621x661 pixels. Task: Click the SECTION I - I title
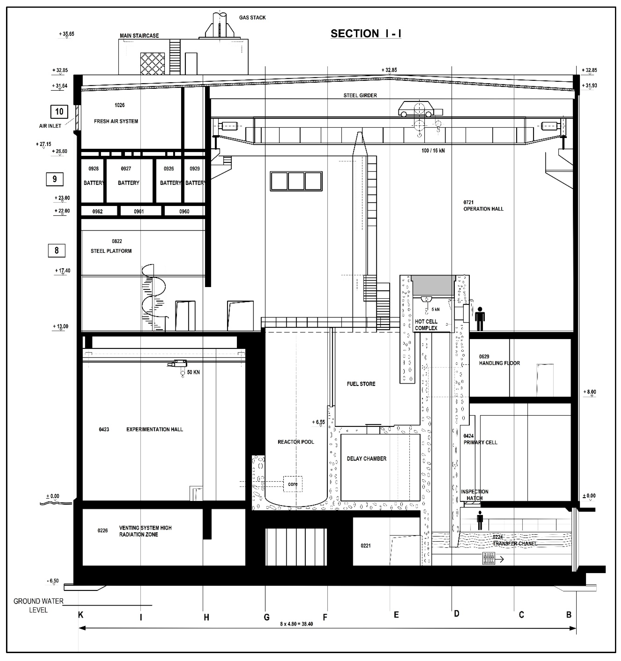(x=366, y=33)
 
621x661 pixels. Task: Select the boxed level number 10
(x=59, y=112)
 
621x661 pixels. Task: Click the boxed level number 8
(x=57, y=250)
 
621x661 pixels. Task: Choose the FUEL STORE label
(x=361, y=384)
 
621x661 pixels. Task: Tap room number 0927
(x=126, y=169)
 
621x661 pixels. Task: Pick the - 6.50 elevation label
(x=53, y=581)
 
